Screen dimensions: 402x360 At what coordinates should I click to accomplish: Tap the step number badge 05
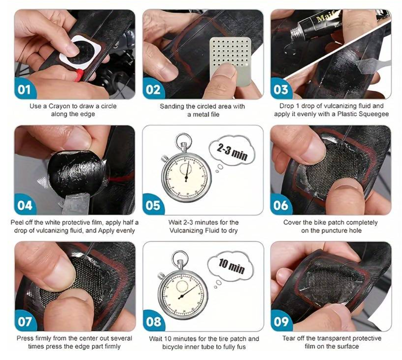click(x=153, y=205)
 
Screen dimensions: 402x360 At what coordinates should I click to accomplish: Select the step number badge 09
click(x=281, y=321)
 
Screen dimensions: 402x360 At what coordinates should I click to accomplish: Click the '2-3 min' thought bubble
click(x=232, y=151)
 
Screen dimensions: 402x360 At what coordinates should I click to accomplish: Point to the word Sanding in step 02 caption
click(x=171, y=106)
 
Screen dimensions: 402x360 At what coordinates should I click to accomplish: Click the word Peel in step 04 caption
click(x=16, y=223)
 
